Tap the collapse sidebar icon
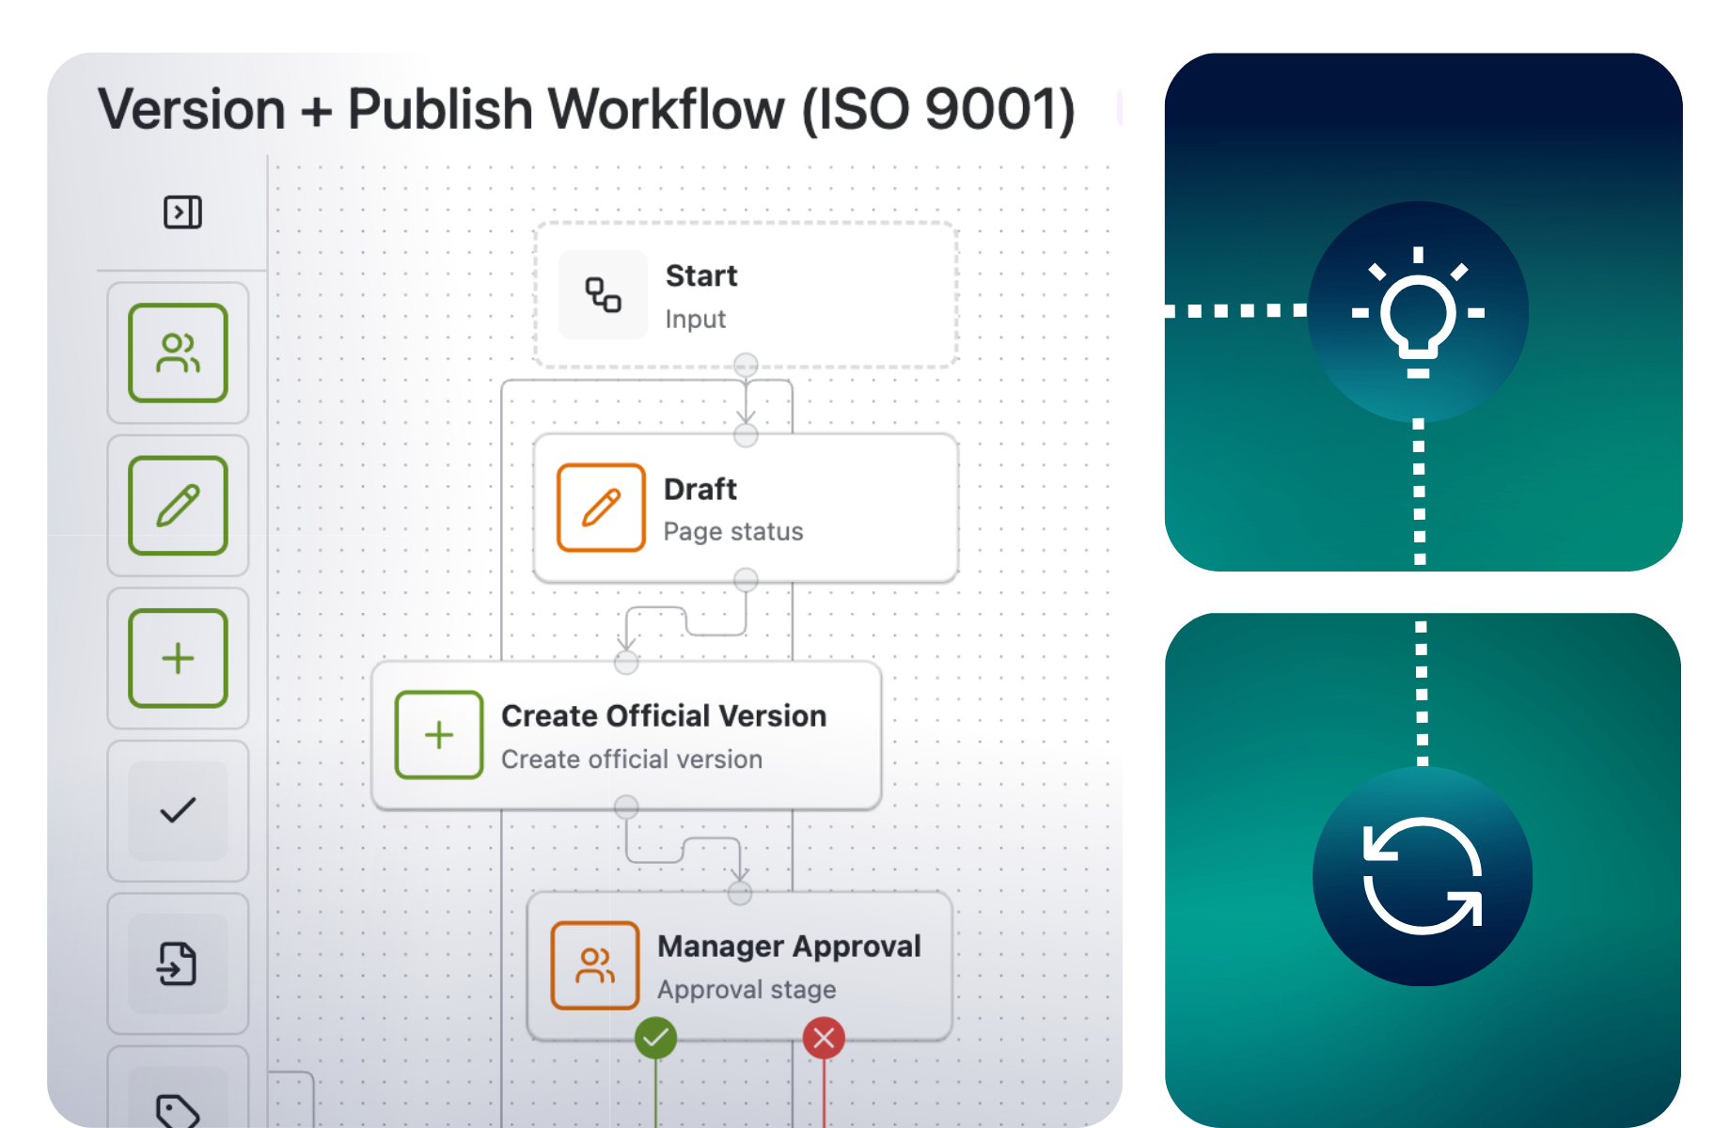point(182,212)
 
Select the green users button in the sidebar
point(178,353)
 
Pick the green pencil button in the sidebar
point(178,506)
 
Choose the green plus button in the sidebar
point(178,658)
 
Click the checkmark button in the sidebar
point(178,810)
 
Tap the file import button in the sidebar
point(178,963)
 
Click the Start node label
point(701,276)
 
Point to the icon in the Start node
point(604,295)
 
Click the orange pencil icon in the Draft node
point(601,508)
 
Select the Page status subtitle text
point(733,532)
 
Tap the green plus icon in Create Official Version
point(439,735)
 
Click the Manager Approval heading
point(789,947)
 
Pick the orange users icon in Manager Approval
point(595,965)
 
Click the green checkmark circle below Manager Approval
point(655,1038)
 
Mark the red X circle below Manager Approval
point(824,1038)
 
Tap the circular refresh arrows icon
point(1423,876)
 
